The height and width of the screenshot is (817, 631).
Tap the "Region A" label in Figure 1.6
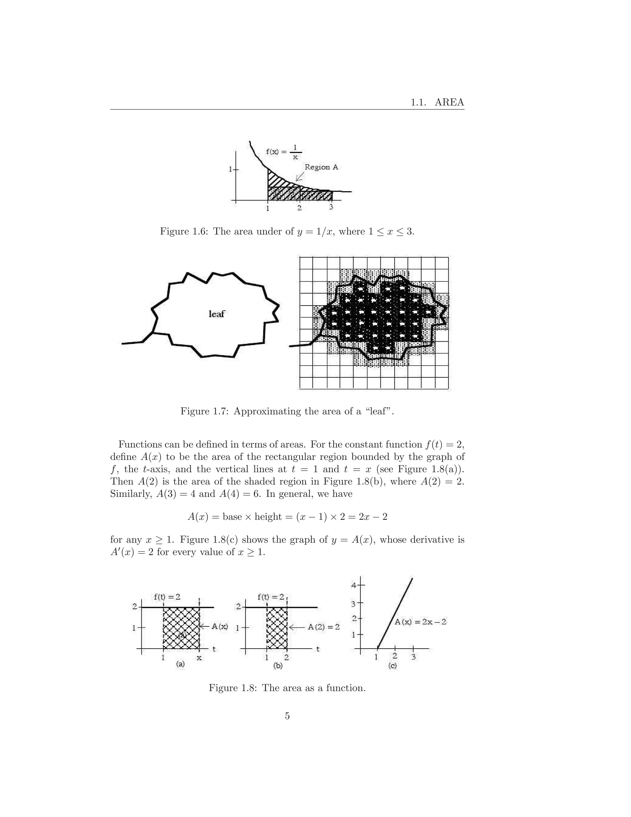(321, 167)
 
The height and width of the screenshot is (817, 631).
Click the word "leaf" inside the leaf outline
(216, 314)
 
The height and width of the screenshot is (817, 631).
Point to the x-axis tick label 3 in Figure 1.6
(331, 207)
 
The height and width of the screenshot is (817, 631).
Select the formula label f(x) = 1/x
(283, 152)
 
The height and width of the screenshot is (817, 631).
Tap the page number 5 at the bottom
(287, 716)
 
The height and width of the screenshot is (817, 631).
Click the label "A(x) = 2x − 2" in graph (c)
(421, 622)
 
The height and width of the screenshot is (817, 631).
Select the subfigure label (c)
(393, 666)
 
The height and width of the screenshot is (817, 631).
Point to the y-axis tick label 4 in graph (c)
(354, 585)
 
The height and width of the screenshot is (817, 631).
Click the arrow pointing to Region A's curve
(299, 177)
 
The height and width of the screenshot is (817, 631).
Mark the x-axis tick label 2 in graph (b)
(286, 657)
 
